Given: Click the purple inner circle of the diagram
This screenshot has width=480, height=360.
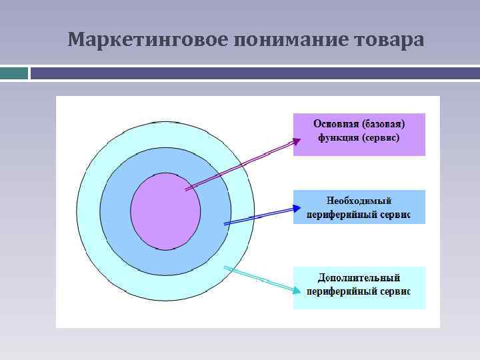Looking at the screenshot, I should click(165, 211).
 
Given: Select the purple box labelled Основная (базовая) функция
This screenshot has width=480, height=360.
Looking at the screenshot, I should click(359, 134).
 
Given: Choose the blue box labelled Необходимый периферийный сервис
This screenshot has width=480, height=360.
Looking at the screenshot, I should click(359, 207).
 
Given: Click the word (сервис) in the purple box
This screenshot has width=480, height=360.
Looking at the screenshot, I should click(381, 139).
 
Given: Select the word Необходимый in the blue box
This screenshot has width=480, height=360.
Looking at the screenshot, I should click(359, 201).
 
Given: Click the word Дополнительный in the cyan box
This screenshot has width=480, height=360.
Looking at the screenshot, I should click(359, 277).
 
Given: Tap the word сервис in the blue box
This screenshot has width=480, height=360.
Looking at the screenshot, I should click(394, 215).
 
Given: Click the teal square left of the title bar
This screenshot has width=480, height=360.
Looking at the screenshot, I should click(13, 73).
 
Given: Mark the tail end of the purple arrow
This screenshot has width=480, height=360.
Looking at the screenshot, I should click(186, 190).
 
